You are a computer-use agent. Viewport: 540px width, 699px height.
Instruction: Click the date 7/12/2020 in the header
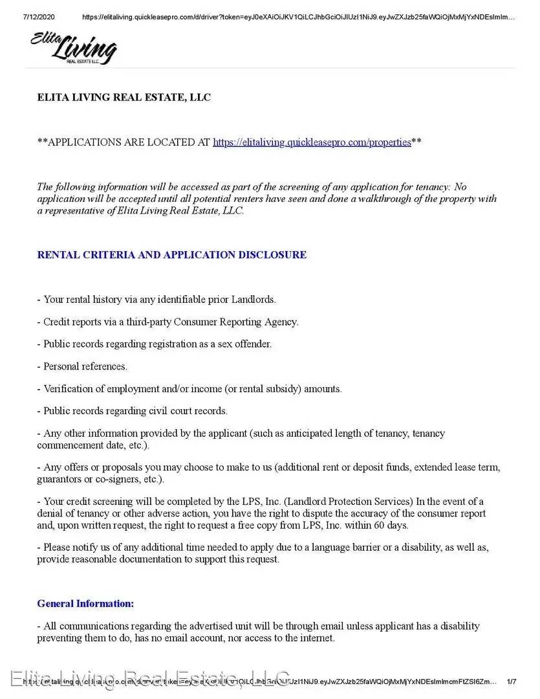(x=30, y=17)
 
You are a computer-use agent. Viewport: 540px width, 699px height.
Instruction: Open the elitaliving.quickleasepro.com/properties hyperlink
(x=312, y=142)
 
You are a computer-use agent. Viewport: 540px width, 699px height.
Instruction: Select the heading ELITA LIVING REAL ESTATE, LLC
(x=124, y=98)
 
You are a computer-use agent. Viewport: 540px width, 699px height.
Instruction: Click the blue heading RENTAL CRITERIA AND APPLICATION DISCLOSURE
(x=171, y=255)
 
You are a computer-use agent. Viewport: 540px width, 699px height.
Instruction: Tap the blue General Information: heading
(x=85, y=604)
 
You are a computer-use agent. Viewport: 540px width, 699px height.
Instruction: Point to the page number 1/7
(x=512, y=682)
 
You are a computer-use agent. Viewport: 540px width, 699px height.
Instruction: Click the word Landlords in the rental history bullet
(x=252, y=300)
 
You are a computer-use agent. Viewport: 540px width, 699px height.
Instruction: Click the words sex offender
(x=245, y=344)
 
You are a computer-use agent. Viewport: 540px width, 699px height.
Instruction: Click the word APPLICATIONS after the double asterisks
(x=84, y=142)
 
